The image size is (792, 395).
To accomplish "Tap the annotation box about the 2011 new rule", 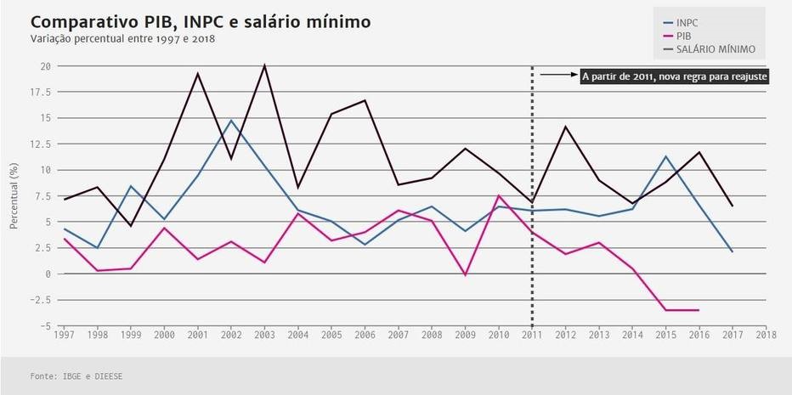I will (675, 76).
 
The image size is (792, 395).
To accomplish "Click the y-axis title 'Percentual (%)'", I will (14, 196).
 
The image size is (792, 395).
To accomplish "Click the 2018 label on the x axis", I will (766, 334).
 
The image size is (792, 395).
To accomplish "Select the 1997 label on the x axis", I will (63, 334).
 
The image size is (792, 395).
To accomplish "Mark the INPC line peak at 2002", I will (231, 120).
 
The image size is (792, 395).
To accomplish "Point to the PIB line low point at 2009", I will (466, 274).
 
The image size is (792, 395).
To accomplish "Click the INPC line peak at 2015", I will (665, 156).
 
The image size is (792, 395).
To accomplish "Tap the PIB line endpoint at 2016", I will (699, 310).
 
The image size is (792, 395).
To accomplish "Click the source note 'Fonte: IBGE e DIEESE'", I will (70, 375).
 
